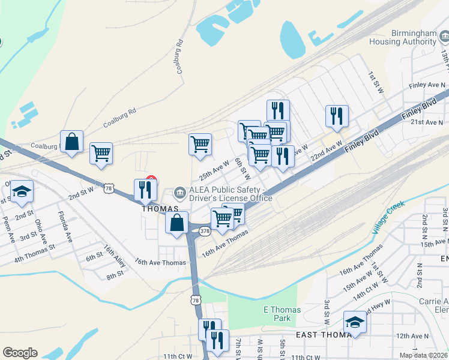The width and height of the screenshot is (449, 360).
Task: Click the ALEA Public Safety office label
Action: (x=231, y=194)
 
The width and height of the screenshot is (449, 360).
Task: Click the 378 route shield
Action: (x=205, y=230)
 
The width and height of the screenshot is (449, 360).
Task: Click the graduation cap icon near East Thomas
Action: (x=355, y=322)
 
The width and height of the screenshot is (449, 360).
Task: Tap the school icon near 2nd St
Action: (x=22, y=191)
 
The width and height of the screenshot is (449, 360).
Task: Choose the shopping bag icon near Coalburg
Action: (x=71, y=142)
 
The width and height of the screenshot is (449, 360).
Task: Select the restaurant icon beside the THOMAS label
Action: (x=145, y=190)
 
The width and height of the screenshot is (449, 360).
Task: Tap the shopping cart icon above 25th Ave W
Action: (x=200, y=143)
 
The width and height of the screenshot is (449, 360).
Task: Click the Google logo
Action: (x=20, y=353)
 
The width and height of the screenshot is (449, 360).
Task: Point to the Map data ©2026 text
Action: (x=423, y=355)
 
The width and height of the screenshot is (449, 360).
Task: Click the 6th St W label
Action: (x=242, y=169)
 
